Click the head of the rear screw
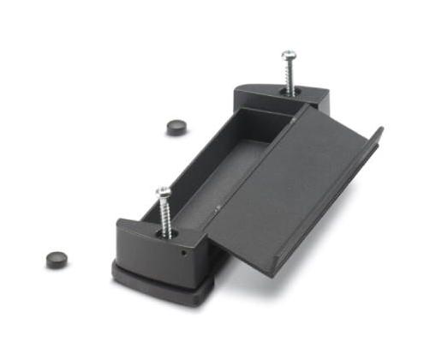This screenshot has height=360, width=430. coord(288,57)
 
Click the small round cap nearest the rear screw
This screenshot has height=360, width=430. coord(176,126)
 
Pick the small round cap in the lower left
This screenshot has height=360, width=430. coord(57,257)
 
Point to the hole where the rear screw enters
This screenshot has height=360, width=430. coord(290,92)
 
